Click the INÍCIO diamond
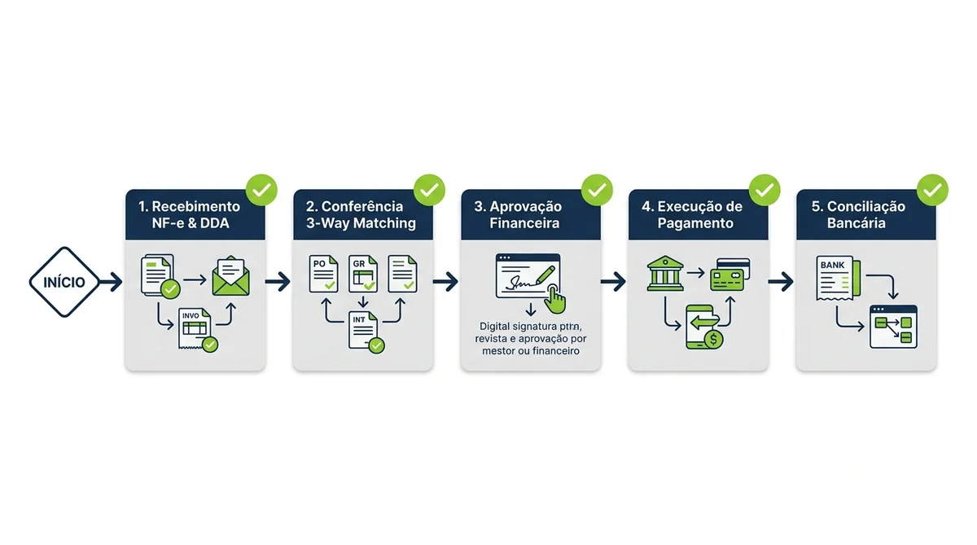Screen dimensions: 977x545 click(x=64, y=282)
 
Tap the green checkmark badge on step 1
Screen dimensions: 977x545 click(x=261, y=190)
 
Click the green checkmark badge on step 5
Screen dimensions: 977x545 click(x=932, y=190)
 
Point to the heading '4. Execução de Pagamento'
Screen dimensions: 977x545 click(x=692, y=215)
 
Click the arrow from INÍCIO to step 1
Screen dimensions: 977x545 click(x=111, y=282)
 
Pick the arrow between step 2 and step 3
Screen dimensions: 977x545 click(x=446, y=282)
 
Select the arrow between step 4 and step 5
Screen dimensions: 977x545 click(x=781, y=282)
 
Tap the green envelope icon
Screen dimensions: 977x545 click(x=230, y=276)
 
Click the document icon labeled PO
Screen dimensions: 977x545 click(x=324, y=274)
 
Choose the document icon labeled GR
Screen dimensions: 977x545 click(x=363, y=274)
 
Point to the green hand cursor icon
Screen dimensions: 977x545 click(x=555, y=298)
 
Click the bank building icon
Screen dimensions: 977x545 click(x=665, y=273)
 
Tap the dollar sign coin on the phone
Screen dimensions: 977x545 click(x=713, y=339)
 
